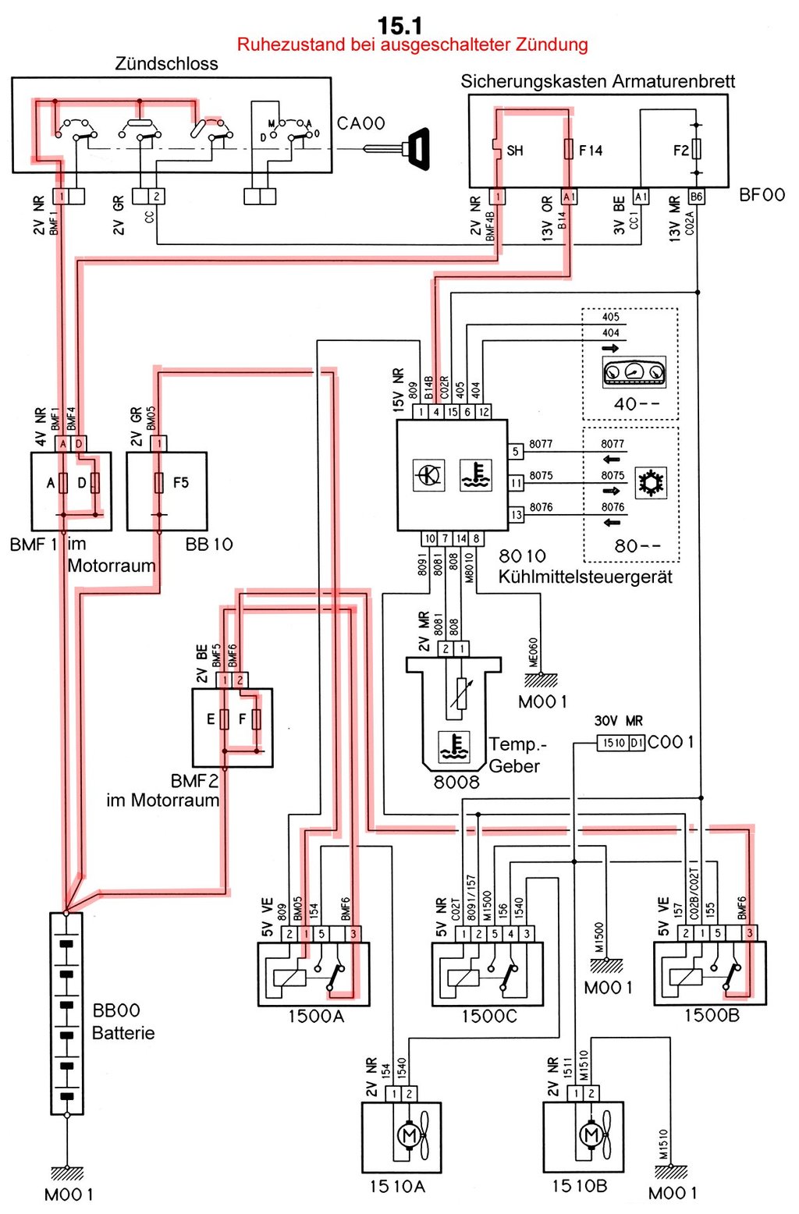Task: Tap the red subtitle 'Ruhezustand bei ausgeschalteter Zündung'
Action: (x=413, y=44)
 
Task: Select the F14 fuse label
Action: (x=591, y=151)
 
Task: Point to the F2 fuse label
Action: (x=681, y=150)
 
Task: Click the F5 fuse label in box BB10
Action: (x=180, y=482)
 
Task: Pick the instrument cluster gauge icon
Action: (x=634, y=372)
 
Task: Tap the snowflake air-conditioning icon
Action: (x=651, y=482)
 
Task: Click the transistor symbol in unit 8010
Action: (x=429, y=475)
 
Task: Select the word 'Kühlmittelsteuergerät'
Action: (x=585, y=577)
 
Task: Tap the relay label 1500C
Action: (x=489, y=1016)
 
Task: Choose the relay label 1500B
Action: (x=712, y=1015)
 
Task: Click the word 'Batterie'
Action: (x=123, y=1033)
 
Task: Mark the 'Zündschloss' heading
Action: (x=166, y=63)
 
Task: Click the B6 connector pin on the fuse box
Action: (x=697, y=196)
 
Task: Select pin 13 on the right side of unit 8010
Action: (x=516, y=514)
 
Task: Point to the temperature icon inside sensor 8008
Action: (x=453, y=747)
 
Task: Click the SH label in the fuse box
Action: (x=515, y=151)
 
